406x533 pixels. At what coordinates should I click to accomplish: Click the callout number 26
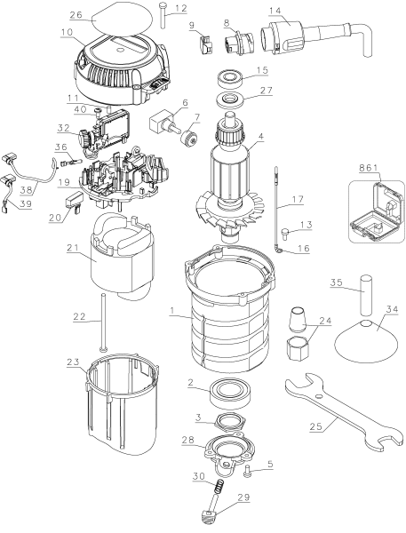(76, 15)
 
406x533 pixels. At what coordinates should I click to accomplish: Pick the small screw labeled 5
(248, 471)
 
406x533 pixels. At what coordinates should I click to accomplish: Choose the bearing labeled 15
(229, 78)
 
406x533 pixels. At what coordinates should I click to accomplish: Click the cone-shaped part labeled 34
(366, 341)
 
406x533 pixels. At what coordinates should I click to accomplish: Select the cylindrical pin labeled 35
(366, 292)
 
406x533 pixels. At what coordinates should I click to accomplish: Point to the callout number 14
(275, 10)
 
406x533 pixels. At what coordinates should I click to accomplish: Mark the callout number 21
(73, 248)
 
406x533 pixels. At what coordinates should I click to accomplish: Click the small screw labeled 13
(285, 234)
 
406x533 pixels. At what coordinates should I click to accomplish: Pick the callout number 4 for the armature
(261, 138)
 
